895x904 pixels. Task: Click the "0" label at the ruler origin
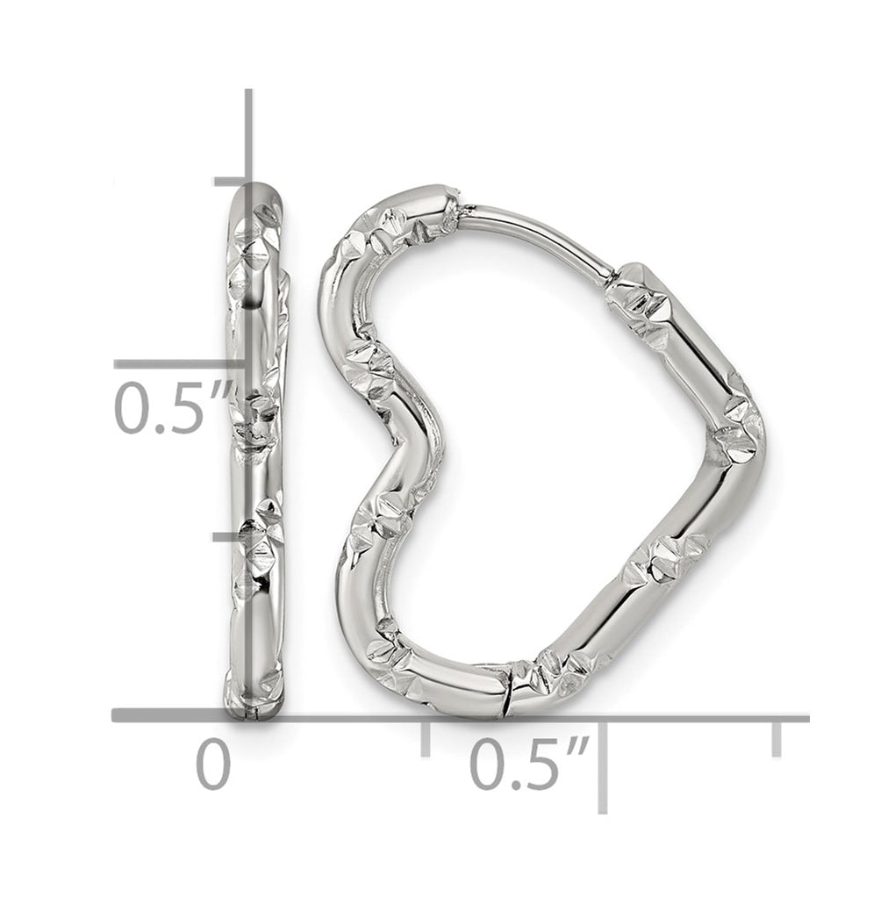(212, 764)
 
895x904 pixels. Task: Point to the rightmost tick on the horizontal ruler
(777, 738)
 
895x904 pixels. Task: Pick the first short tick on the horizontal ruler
(426, 738)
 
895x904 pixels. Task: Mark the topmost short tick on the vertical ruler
(230, 183)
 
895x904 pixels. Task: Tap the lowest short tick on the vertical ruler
(230, 537)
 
